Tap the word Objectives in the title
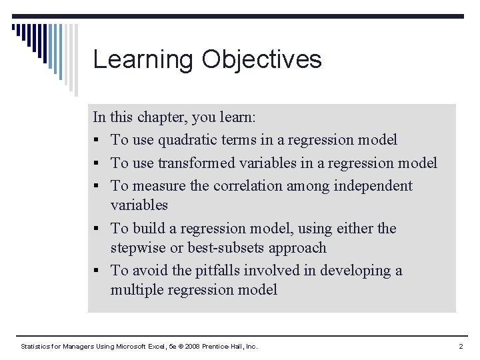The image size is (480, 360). pos(261,60)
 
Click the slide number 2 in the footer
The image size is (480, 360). pos(461,347)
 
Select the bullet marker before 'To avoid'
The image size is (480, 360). pos(97,271)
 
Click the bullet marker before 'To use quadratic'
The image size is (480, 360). pos(97,141)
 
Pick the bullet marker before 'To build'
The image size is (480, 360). pos(97,229)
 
